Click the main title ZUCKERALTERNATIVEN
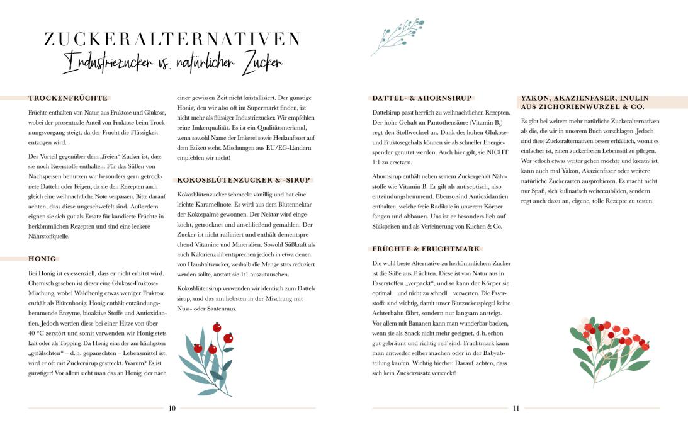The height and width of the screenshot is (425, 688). pyautogui.click(x=172, y=39)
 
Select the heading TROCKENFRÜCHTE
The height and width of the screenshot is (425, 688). pyautogui.click(x=68, y=98)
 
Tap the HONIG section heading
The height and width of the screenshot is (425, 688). pyautogui.click(x=43, y=258)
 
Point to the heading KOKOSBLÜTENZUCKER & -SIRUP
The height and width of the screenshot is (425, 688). pyautogui.click(x=244, y=179)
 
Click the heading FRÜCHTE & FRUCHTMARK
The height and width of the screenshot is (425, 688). pyautogui.click(x=426, y=249)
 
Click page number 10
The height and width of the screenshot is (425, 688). pyautogui.click(x=172, y=408)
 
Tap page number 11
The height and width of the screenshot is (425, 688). pyautogui.click(x=516, y=408)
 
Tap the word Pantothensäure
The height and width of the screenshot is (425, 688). pyautogui.click(x=443, y=122)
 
